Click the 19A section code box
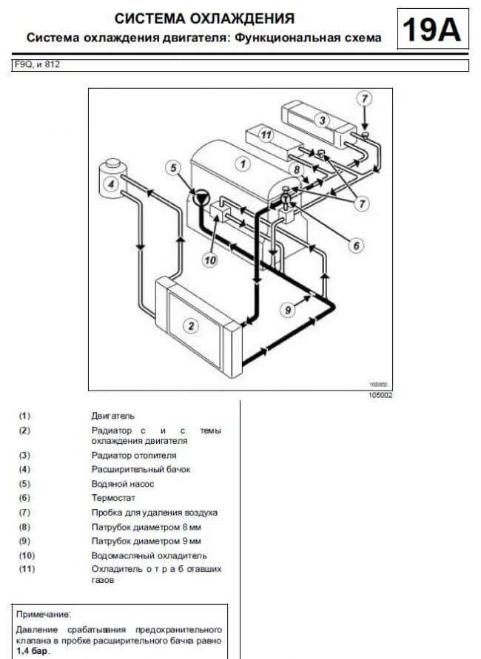click(433, 29)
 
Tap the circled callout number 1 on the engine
click(243, 164)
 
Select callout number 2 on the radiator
click(192, 325)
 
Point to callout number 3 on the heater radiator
click(322, 121)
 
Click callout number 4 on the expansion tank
click(111, 184)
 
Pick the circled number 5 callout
click(173, 169)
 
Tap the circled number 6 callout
click(356, 245)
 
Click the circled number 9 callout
click(288, 310)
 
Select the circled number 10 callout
click(210, 260)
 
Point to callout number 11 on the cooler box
click(266, 135)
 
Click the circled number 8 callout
click(297, 170)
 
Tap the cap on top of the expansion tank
click(112, 163)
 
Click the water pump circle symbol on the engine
click(201, 198)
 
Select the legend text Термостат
click(113, 498)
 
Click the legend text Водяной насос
click(123, 484)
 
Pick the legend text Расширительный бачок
click(141, 470)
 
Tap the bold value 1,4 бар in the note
click(33, 652)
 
